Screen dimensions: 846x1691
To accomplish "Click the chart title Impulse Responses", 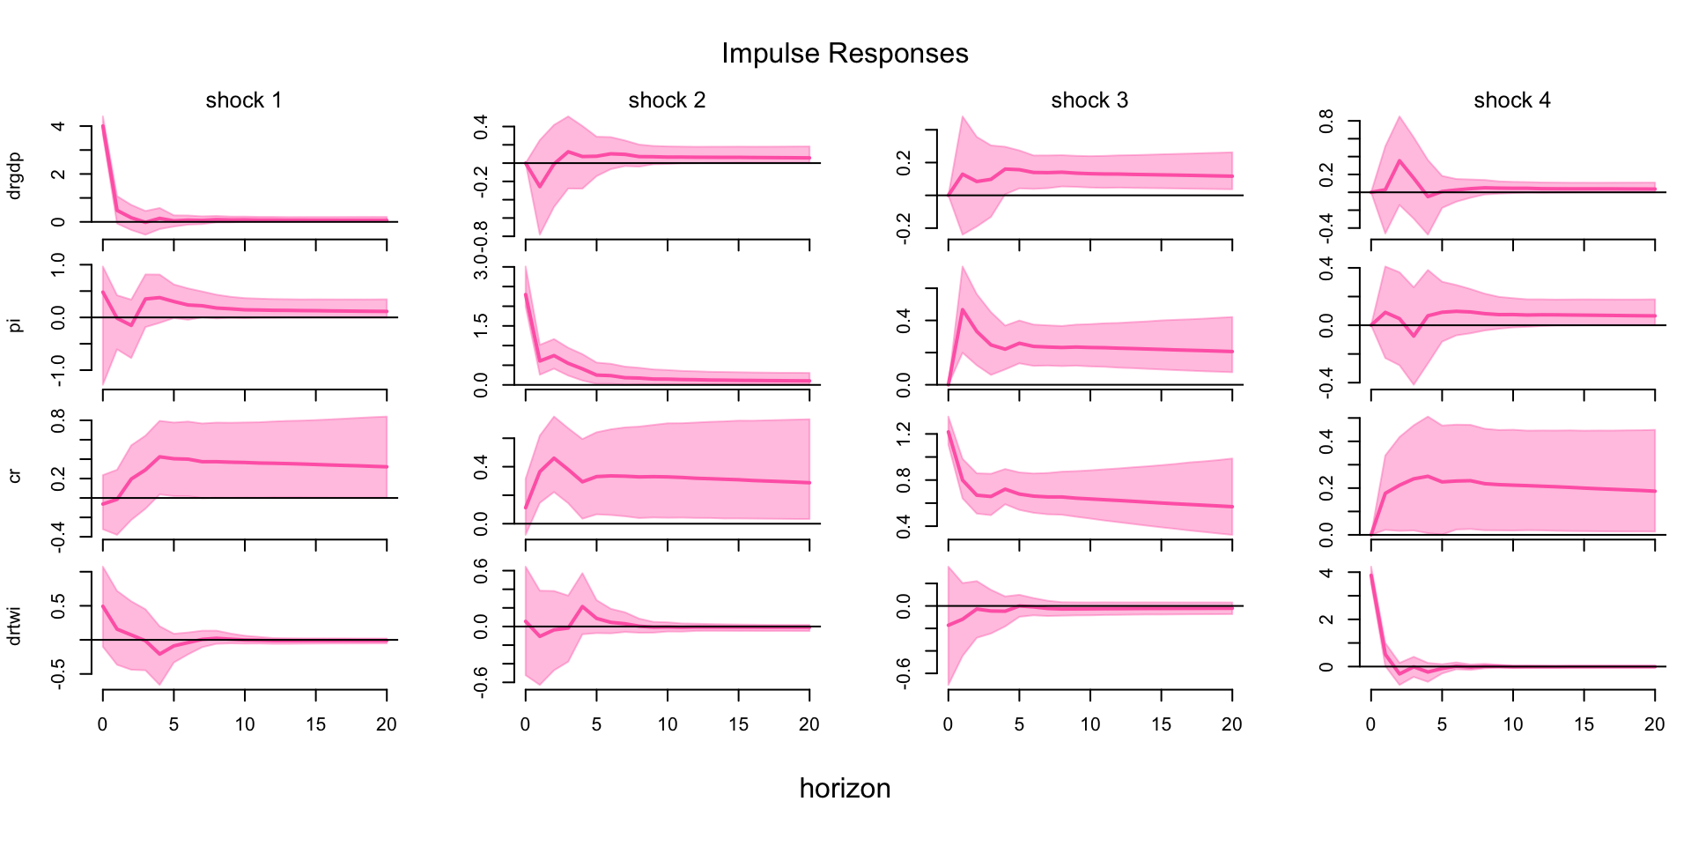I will point(845,54).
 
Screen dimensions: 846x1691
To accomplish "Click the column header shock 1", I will point(244,100).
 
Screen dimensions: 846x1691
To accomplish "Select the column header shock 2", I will point(667,100).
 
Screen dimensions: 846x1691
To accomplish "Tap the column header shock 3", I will point(1089,100).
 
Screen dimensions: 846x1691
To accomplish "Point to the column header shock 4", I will point(1512,100).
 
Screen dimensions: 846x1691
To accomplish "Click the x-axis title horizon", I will point(845,788).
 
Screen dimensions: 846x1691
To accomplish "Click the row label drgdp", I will point(14,176).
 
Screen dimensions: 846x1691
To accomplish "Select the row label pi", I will point(14,325).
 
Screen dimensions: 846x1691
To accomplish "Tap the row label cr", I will point(14,476).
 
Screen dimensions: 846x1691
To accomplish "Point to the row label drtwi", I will point(14,625).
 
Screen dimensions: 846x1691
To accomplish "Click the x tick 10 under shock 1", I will point(245,724).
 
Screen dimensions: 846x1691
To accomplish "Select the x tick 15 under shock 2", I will point(738,724).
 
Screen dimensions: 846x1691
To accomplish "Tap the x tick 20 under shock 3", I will point(1231,724).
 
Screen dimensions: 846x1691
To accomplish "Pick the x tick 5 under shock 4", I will point(1442,724).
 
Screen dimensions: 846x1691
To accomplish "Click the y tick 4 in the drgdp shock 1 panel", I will point(58,126).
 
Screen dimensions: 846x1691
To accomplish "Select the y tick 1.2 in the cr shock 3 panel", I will point(904,434).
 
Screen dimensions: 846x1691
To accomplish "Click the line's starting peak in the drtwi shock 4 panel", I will point(1371,575).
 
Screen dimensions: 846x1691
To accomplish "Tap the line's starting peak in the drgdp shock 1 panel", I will point(103,126).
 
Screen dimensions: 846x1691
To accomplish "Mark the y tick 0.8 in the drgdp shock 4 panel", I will point(1326,121).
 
